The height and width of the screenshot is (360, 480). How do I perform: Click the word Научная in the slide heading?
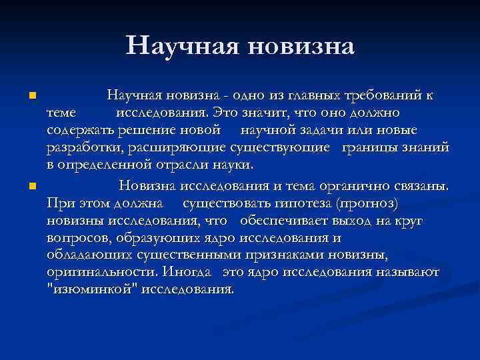(x=181, y=45)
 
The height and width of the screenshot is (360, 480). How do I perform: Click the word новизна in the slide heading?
(x=299, y=45)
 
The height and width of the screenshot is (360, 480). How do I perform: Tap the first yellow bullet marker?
(x=31, y=97)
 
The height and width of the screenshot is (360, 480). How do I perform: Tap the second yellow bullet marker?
(x=31, y=185)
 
